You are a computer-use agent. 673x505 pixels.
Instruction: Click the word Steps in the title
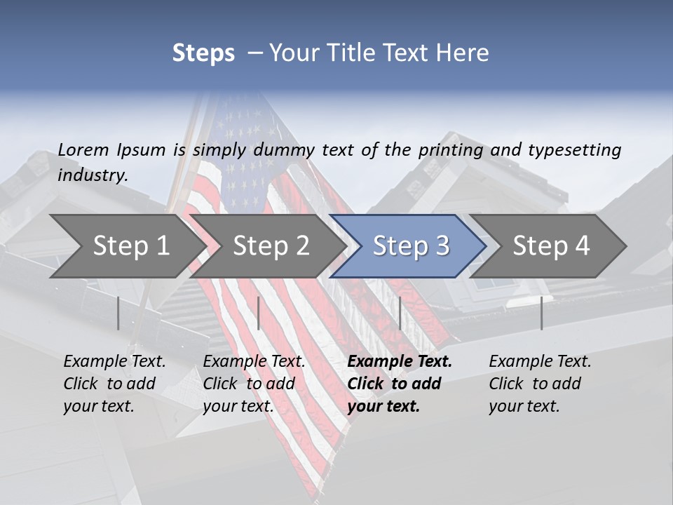[203, 53]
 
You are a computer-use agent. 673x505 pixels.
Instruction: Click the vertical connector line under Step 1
[118, 313]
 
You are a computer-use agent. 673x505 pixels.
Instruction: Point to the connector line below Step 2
[259, 313]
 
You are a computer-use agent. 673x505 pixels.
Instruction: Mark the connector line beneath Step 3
[400, 313]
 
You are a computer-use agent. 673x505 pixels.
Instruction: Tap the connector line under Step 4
[541, 313]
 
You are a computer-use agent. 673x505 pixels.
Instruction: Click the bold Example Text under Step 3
[400, 384]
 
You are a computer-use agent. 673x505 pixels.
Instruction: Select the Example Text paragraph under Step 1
[114, 384]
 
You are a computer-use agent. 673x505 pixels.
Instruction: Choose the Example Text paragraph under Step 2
[254, 384]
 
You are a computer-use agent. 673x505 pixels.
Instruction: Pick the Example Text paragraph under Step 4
[540, 384]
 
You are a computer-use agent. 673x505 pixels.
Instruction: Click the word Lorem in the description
[83, 150]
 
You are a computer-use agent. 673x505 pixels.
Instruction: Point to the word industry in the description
[92, 175]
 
